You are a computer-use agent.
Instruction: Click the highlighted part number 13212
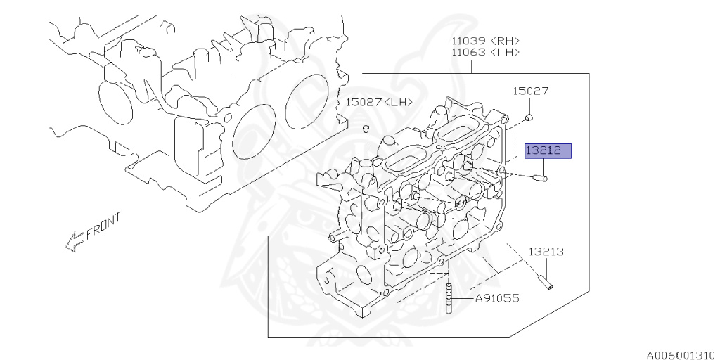coord(548,150)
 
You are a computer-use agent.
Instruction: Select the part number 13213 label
coord(546,252)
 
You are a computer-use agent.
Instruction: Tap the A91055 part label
coord(497,298)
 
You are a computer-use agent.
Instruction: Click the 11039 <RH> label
coord(485,40)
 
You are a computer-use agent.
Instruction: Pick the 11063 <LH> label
coord(485,52)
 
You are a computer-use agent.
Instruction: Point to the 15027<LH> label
coord(379,102)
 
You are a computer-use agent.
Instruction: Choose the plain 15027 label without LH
coord(530,91)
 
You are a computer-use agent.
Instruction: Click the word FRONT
coord(104,224)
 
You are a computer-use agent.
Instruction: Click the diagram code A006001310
coord(683,355)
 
